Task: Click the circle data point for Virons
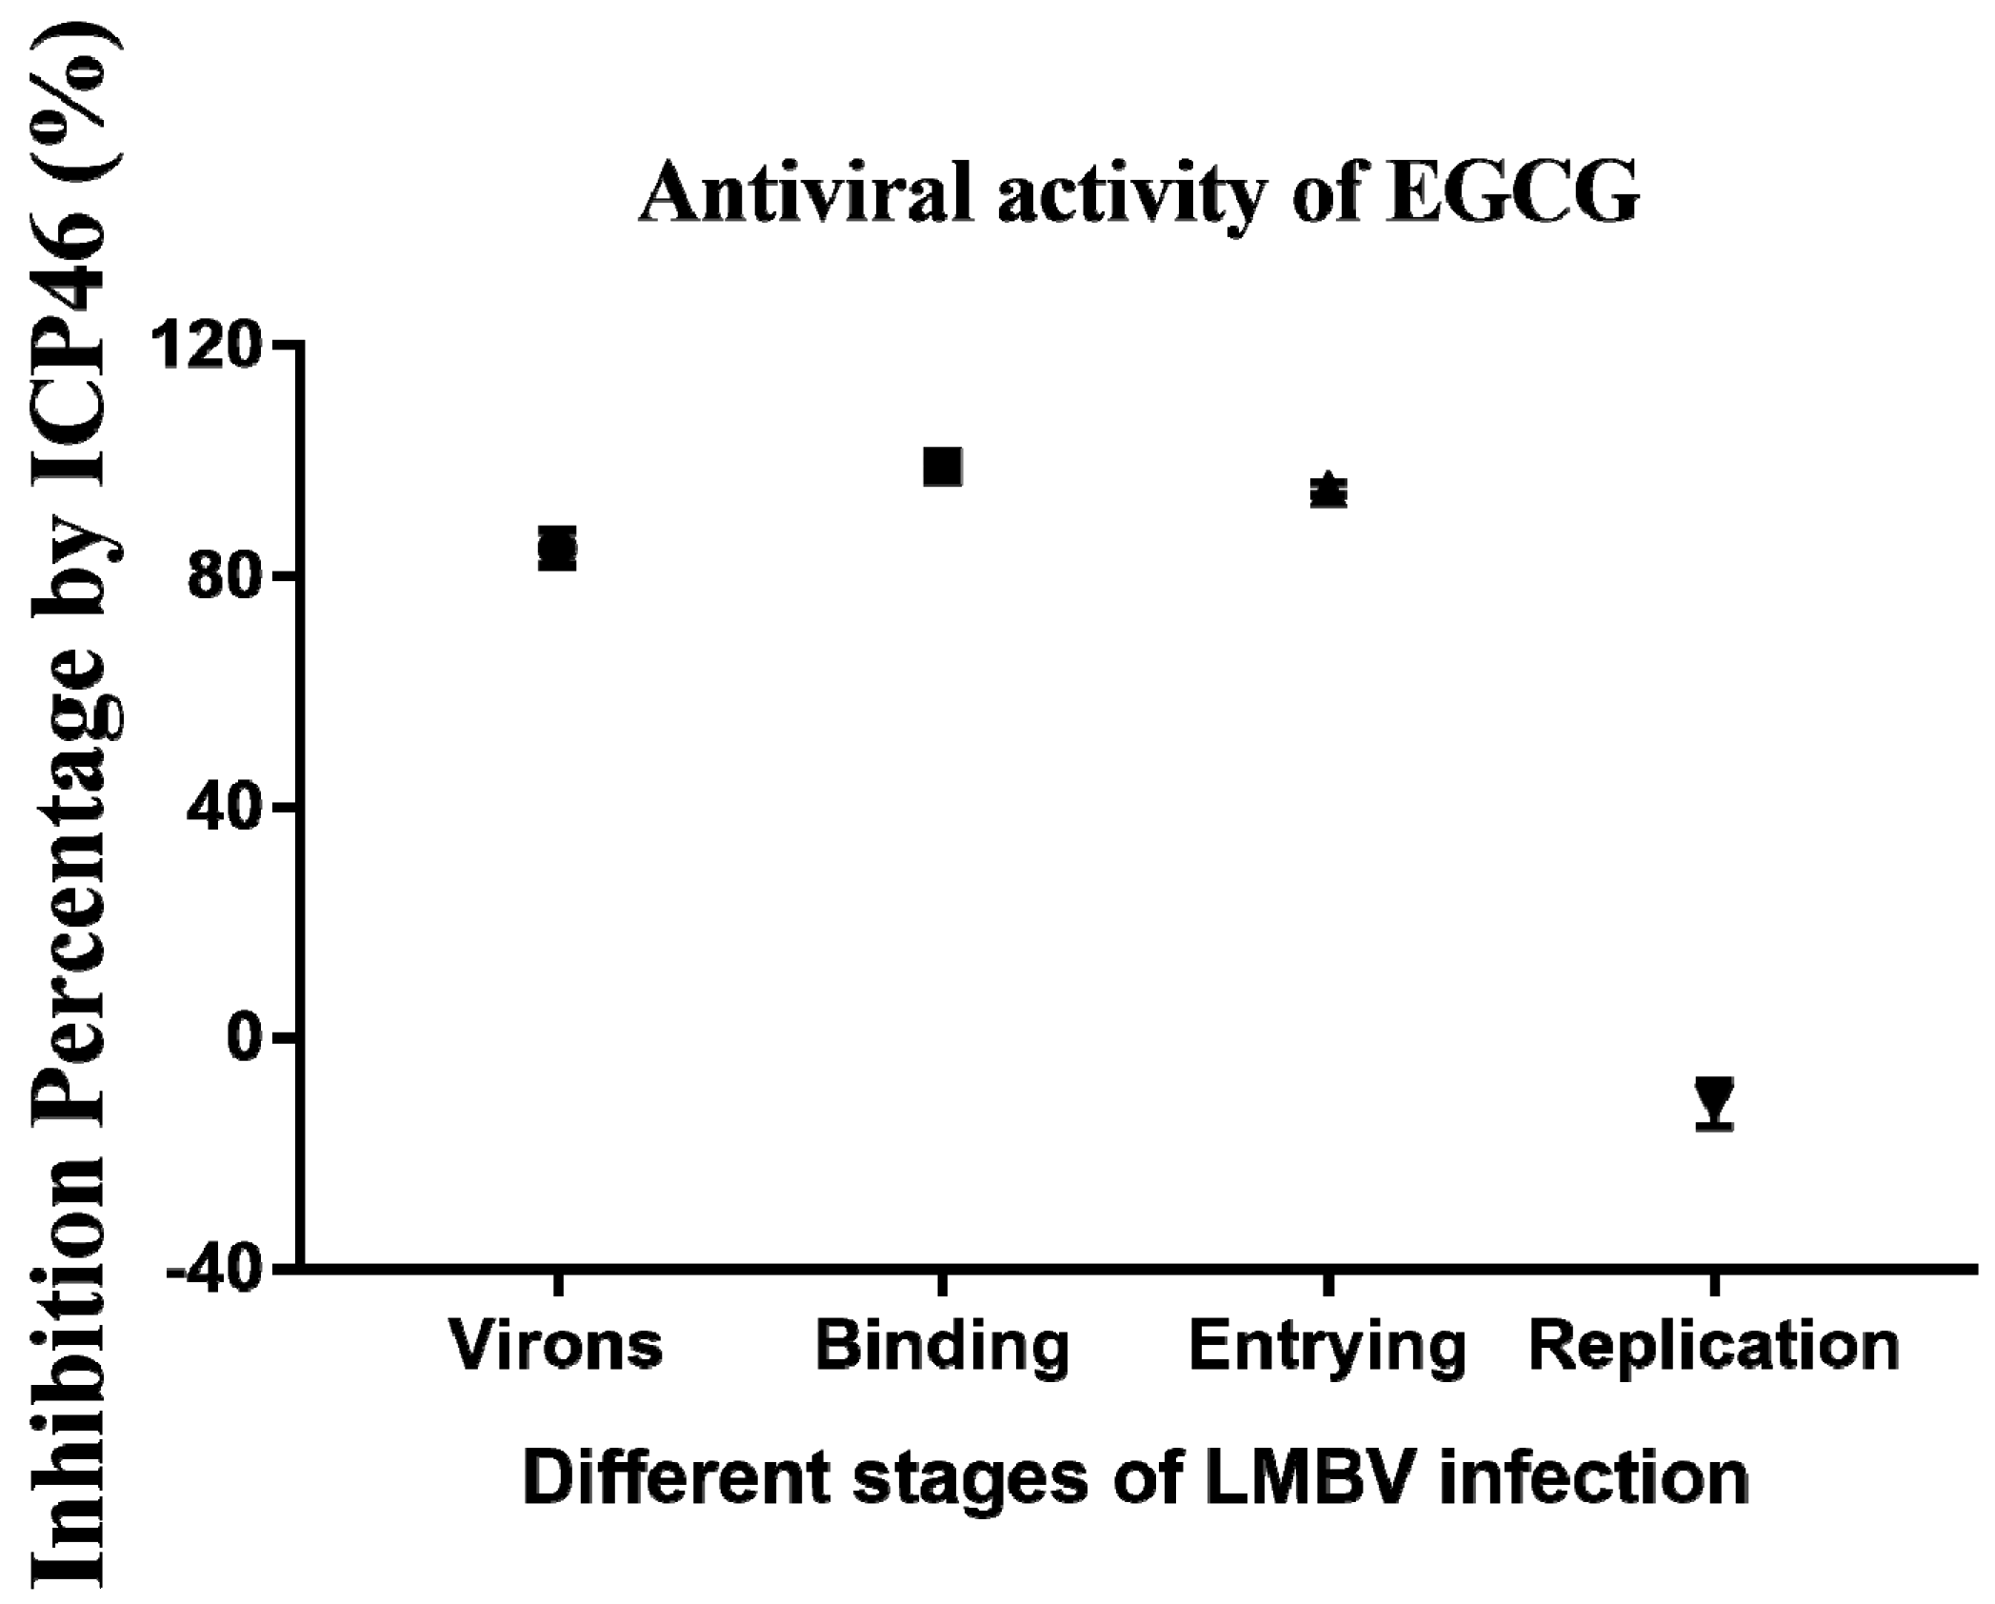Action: click(x=557, y=548)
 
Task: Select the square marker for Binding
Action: click(x=943, y=467)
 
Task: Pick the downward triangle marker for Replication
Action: click(x=1714, y=1097)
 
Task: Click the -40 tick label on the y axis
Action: click(x=214, y=1269)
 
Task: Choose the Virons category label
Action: click(x=557, y=1346)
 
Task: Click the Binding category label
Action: click(x=943, y=1346)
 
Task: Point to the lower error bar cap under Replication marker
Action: click(x=1714, y=1128)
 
